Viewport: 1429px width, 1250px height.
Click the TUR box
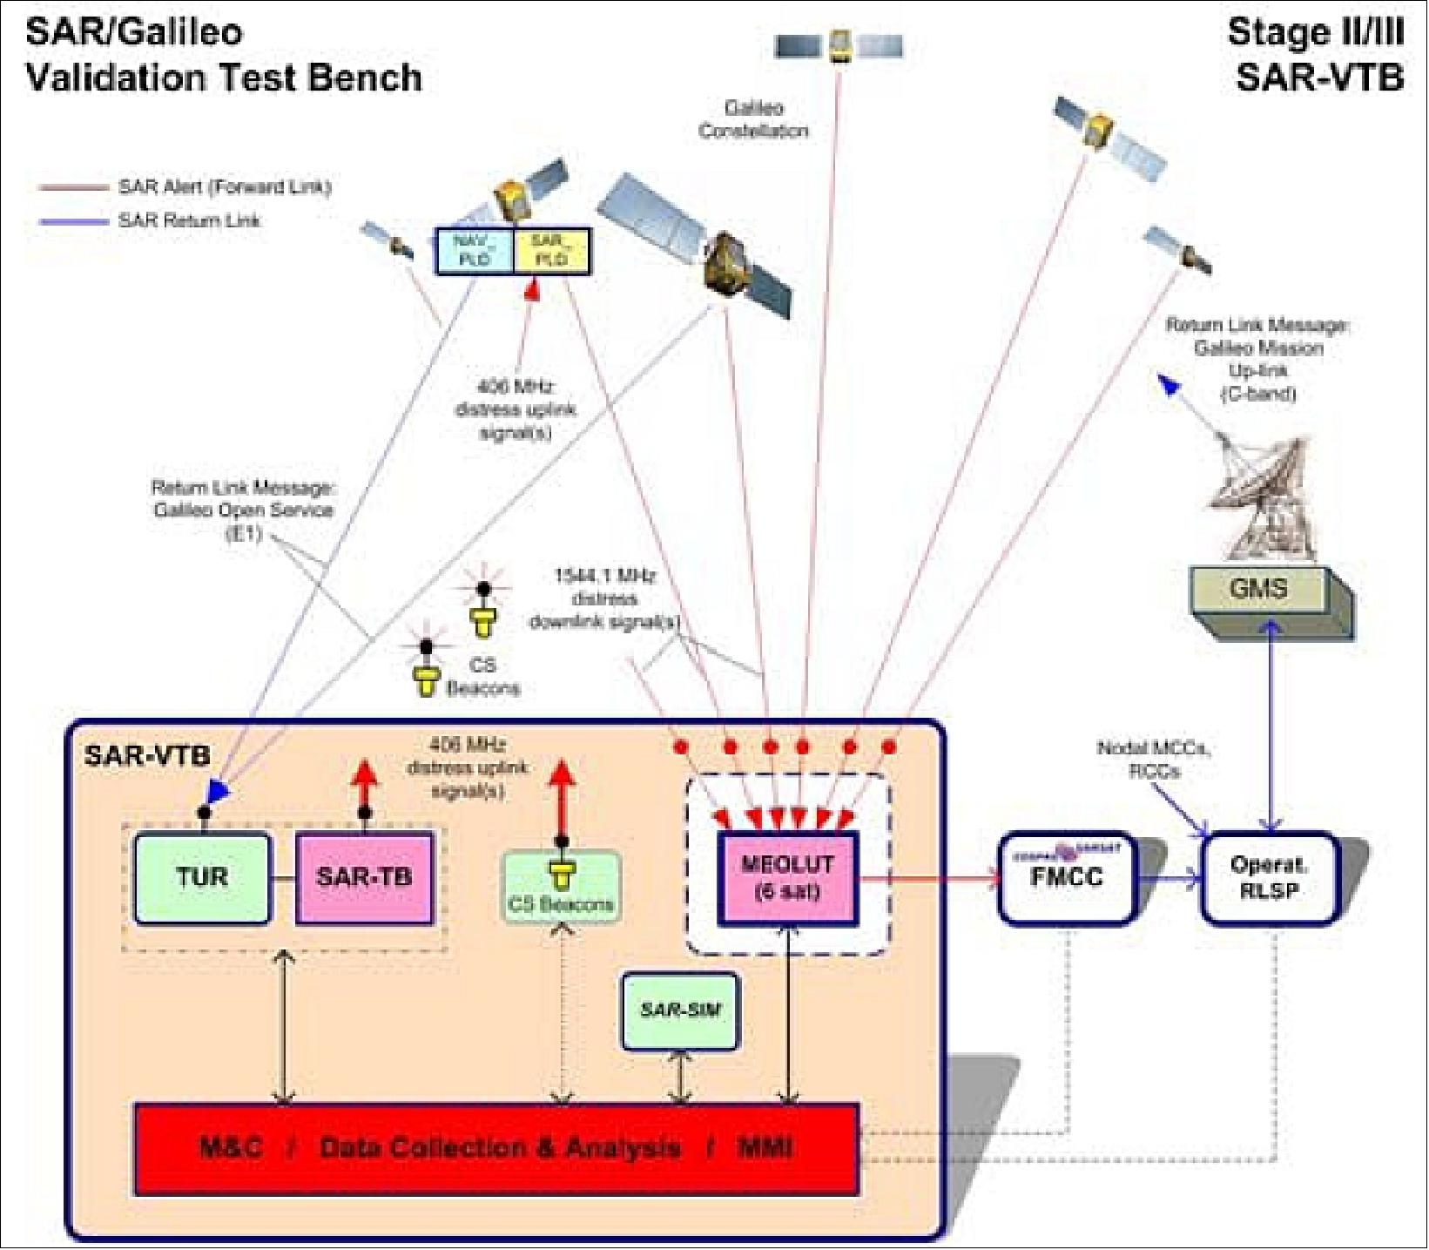(202, 878)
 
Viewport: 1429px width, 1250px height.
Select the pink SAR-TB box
(364, 878)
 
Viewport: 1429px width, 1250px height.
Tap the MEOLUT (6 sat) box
(787, 878)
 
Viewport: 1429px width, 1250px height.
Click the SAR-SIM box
(680, 1011)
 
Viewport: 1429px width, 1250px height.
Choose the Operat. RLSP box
(1268, 878)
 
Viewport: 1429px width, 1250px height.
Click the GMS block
(1257, 590)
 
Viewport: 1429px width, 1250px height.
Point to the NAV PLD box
(475, 251)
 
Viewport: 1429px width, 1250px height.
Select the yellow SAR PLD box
(552, 251)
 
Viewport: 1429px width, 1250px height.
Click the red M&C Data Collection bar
(495, 1148)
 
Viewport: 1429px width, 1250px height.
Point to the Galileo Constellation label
(754, 119)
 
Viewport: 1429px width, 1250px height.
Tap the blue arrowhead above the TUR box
(214, 790)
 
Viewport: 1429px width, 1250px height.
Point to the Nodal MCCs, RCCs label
(1154, 759)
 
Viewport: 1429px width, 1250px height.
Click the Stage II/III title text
(1315, 55)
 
